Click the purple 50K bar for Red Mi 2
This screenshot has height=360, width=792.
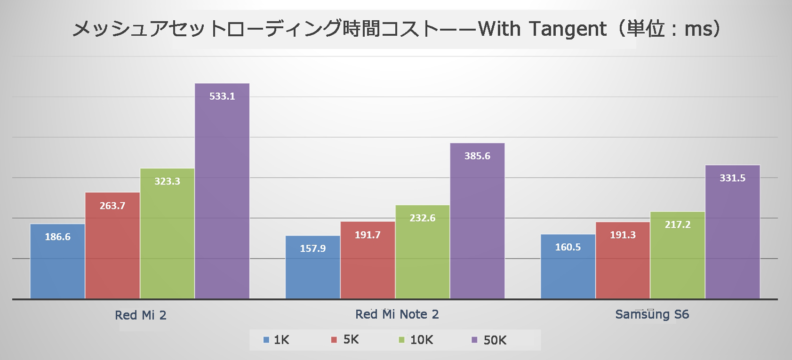[x=222, y=198]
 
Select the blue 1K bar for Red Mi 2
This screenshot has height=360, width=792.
[x=57, y=268]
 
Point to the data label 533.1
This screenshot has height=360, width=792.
[x=222, y=96]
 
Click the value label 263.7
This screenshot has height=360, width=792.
[x=112, y=206]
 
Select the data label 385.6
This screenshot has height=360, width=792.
[x=477, y=156]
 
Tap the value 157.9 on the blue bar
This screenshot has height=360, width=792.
[x=313, y=248]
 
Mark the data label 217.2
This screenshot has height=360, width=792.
[x=678, y=225]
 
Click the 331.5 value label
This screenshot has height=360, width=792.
[x=732, y=178]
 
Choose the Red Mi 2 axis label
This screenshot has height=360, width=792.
[x=141, y=315]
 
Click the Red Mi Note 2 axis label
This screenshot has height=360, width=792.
[x=397, y=314]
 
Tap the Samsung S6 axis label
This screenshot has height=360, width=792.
[x=652, y=314]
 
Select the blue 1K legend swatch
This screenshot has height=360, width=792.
[x=266, y=340]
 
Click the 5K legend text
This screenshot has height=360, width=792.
[x=351, y=340]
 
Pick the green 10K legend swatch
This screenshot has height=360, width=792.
[x=402, y=340]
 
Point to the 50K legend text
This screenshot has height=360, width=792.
[x=495, y=340]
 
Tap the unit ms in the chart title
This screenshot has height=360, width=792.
[x=698, y=29]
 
